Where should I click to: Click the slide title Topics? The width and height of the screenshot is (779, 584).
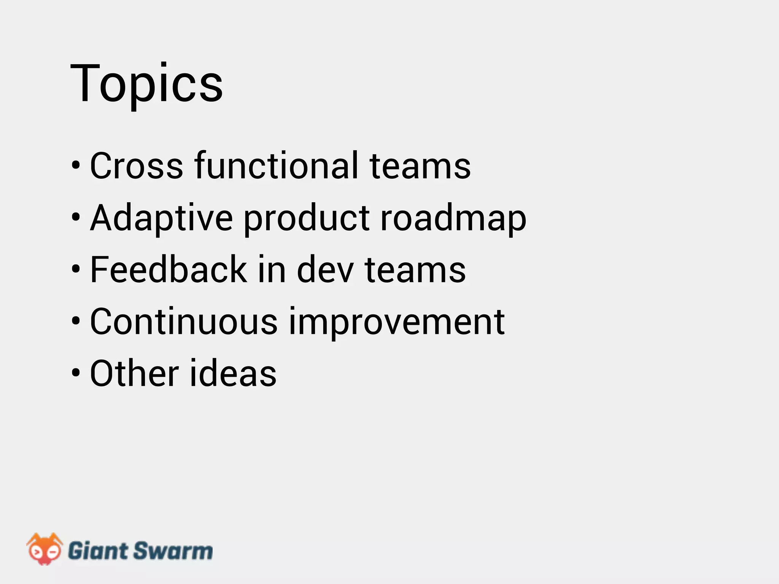[x=146, y=84]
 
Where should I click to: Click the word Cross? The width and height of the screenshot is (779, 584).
[x=136, y=166]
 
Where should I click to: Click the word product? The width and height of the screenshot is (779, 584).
[x=307, y=218]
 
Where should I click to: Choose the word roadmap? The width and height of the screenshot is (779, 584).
[x=453, y=218]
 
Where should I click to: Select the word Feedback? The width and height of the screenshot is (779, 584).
[x=169, y=270]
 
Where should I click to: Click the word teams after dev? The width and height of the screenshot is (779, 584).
[x=415, y=270]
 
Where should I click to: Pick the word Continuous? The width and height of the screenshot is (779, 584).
[x=184, y=322]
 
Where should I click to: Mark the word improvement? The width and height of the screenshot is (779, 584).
[x=397, y=322]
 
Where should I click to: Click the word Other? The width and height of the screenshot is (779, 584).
[x=134, y=374]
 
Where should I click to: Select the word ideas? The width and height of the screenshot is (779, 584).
[x=233, y=374]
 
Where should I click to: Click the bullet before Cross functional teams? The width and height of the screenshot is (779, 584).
[x=76, y=166]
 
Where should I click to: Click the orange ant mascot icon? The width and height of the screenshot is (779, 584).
[x=45, y=549]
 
